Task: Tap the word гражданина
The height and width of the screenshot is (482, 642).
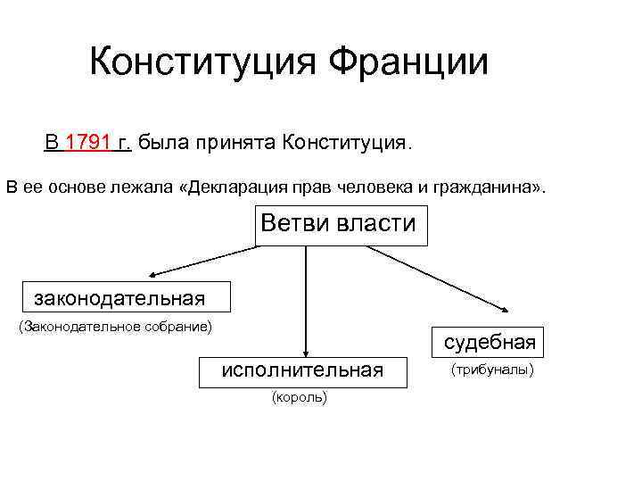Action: click(486, 188)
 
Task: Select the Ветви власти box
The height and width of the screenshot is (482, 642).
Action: click(339, 226)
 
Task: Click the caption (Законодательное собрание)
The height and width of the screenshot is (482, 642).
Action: click(115, 327)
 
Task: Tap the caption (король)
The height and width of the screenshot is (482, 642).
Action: click(299, 397)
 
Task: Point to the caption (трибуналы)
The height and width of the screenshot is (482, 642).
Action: click(492, 369)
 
